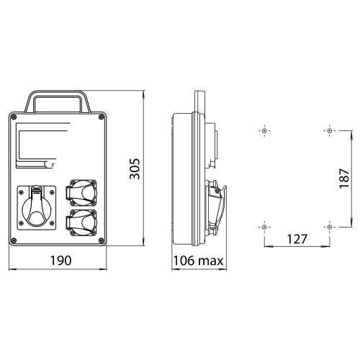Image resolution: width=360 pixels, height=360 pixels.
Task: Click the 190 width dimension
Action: tap(59, 260)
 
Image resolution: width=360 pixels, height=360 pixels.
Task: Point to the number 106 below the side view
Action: tap(185, 260)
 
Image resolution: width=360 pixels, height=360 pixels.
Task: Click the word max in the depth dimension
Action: tap(212, 260)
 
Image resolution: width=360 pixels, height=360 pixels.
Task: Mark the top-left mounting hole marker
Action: tap(265, 132)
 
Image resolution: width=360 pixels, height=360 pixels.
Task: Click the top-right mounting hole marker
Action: tap(329, 132)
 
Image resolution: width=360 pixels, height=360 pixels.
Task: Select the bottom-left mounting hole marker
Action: tap(265, 227)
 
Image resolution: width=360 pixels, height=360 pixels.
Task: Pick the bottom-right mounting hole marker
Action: tap(329, 227)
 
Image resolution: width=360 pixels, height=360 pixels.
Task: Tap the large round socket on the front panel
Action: tap(35, 210)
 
